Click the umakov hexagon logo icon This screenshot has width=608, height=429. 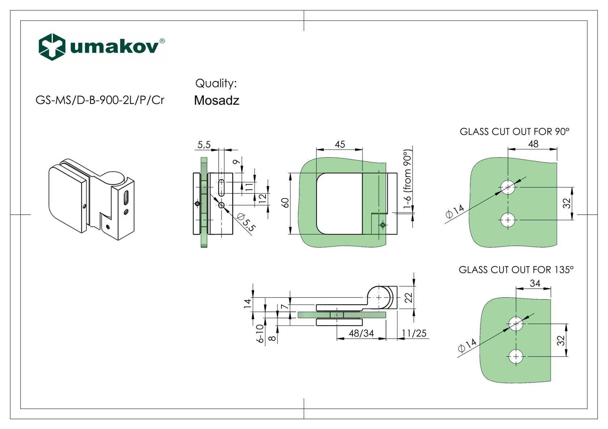coord(52,47)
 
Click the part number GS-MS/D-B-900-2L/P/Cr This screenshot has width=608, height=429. coord(100,100)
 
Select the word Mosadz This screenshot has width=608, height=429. coord(216,100)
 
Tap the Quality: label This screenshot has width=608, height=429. coord(216,83)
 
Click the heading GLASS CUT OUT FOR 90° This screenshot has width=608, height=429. coord(514,132)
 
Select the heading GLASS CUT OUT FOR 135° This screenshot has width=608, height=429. coord(516,270)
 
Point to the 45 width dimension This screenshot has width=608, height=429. coord(340,145)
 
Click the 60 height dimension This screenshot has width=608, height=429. coord(286,203)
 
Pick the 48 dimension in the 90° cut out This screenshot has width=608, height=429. coord(533,144)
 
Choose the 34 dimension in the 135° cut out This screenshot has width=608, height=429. coord(535,283)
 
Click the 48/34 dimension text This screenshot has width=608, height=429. coord(361,333)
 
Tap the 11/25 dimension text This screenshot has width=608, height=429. coord(414,333)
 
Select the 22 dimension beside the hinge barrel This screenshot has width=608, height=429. coord(408,298)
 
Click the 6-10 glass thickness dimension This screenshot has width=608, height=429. coord(259,333)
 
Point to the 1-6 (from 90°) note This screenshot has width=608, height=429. coord(408,179)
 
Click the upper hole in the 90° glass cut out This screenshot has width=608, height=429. coord(508,187)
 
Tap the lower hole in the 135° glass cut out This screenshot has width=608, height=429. coord(516,357)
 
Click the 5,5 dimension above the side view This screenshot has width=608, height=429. coord(204,145)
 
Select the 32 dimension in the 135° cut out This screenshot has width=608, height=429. coord(561,340)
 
